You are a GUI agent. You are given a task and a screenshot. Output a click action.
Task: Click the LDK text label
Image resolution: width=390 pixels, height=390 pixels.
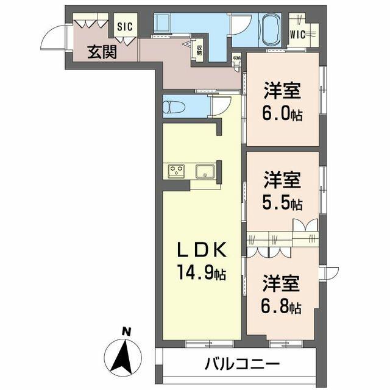[202, 250]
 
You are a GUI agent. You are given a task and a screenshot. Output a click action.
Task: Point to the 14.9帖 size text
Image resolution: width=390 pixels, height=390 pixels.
[202, 274]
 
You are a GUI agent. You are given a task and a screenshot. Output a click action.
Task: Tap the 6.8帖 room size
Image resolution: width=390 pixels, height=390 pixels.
[282, 307]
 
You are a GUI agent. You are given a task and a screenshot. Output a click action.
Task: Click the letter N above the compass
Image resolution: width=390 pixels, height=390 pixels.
[126, 331]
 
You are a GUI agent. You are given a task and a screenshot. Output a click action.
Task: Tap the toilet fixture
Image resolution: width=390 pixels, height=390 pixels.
[175, 107]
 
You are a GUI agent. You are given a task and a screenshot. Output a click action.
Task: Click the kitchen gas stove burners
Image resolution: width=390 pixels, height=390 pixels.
[177, 171]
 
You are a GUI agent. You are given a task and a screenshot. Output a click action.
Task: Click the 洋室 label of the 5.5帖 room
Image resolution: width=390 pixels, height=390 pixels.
[282, 180]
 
